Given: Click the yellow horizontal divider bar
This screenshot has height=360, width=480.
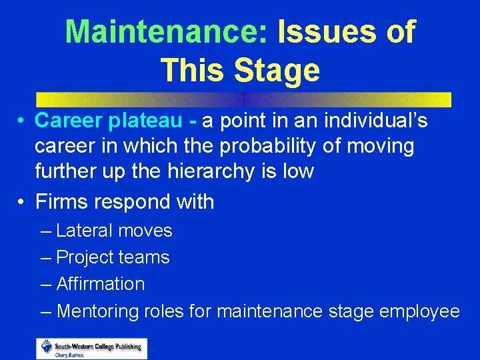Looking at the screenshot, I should (243, 99).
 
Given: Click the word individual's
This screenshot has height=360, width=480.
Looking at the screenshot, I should (376, 121).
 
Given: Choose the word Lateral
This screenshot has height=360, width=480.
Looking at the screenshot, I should (84, 231).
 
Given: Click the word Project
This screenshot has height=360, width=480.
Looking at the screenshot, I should (84, 257).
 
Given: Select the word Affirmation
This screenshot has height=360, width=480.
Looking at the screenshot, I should (101, 284).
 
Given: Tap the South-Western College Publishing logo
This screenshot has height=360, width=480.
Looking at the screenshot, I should (92, 348).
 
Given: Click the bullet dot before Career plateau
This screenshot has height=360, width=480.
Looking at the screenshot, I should (22, 122).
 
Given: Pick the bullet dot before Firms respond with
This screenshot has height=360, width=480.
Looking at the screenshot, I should (22, 202).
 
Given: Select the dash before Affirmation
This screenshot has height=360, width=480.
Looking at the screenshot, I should (45, 285).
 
